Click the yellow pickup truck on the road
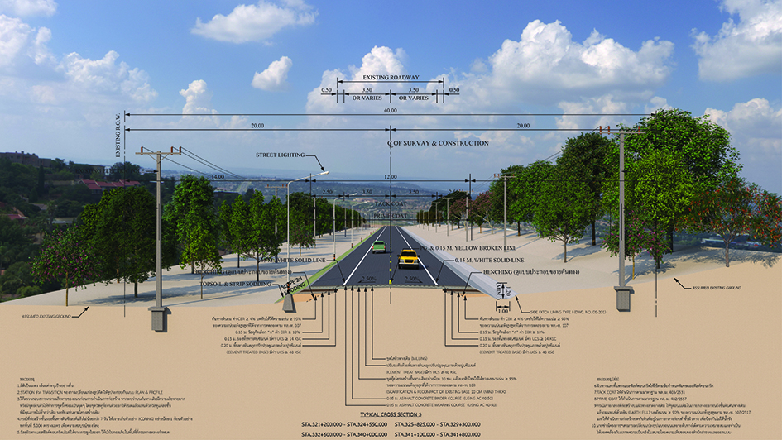tap(409, 258)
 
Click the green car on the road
tap(378, 246)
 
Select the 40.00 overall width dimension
tap(390, 111)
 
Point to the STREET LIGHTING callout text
tap(281, 155)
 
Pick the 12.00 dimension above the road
tap(391, 177)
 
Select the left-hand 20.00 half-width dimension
tap(257, 126)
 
